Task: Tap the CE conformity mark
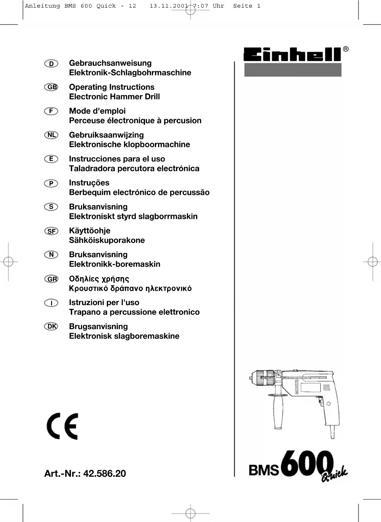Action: pos(63,426)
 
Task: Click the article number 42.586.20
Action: pos(104,473)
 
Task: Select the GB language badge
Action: pos(51,87)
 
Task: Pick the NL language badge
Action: pos(51,135)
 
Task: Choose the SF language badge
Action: pos(51,231)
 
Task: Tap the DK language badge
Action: pos(51,326)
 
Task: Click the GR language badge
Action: pos(51,279)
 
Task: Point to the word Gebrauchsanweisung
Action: pos(110,63)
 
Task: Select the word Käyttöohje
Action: pos(90,231)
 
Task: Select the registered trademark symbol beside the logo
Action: pos(345,49)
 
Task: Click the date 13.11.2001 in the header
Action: pos(169,6)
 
